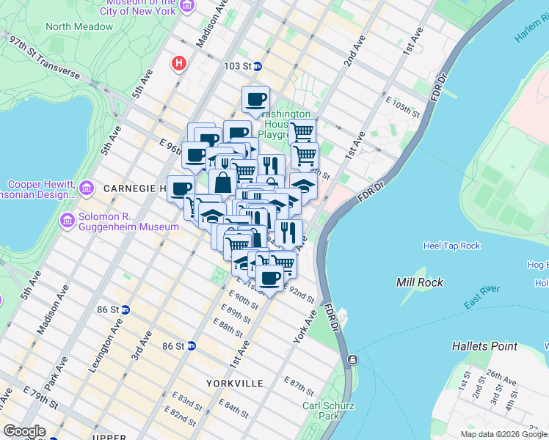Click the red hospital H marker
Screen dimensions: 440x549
[178, 64]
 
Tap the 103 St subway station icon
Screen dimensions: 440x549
[258, 66]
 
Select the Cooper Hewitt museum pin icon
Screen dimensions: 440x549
[87, 188]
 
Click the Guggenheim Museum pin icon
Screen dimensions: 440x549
[68, 219]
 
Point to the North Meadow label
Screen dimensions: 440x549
[79, 26]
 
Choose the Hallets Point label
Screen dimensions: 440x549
[484, 345]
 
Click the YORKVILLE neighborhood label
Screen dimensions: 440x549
[234, 384]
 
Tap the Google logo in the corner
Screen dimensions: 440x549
[23, 430]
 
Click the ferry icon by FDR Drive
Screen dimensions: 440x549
[353, 360]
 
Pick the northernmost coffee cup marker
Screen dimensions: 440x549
[256, 99]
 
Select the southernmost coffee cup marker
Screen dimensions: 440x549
[270, 278]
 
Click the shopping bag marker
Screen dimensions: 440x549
[222, 182]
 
